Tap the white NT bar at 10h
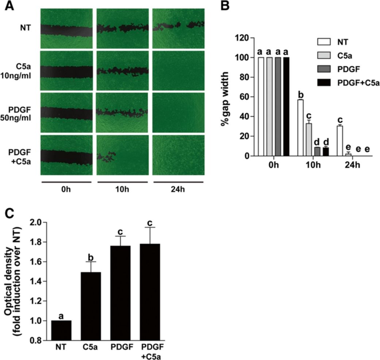tap(300, 128)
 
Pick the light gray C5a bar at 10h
tap(308, 140)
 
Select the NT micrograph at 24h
tap(178, 28)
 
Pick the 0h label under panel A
tap(66, 190)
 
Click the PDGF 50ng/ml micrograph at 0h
tap(66, 112)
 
